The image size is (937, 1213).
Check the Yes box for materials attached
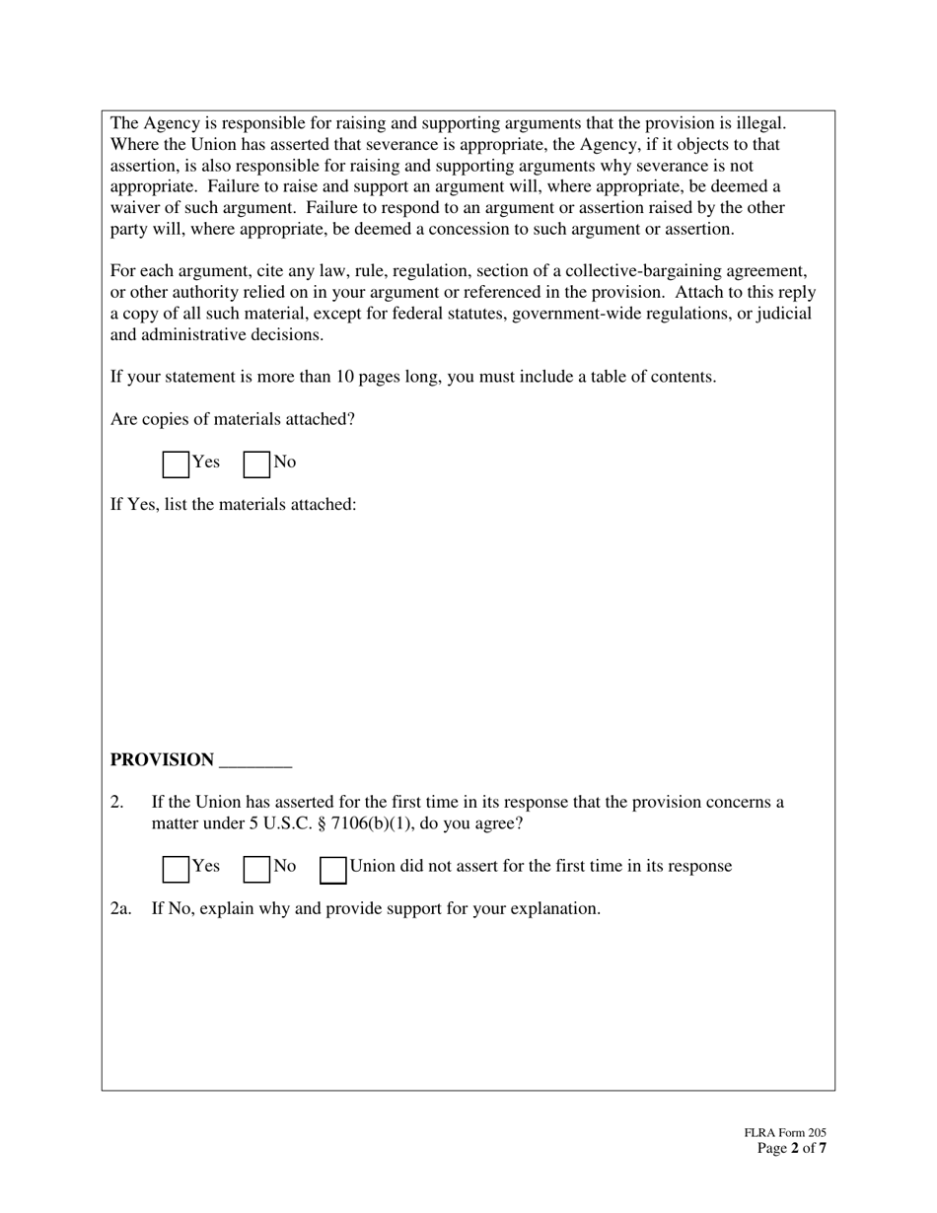[176, 464]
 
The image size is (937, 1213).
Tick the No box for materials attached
[256, 464]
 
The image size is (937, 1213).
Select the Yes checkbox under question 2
[176, 869]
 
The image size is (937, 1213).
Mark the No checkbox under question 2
[256, 869]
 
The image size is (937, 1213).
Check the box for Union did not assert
[333, 869]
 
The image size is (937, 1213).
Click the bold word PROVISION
[162, 760]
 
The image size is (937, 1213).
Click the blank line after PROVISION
[255, 762]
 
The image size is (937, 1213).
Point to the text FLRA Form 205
[785, 1134]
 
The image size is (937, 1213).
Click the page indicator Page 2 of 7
[792, 1149]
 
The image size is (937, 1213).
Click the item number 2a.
[121, 908]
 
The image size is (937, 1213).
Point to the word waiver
[136, 208]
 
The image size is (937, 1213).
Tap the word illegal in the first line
[761, 123]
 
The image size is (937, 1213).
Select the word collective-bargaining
[647, 271]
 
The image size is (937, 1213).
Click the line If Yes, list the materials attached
[233, 505]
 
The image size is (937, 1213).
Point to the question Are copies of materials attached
[233, 419]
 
